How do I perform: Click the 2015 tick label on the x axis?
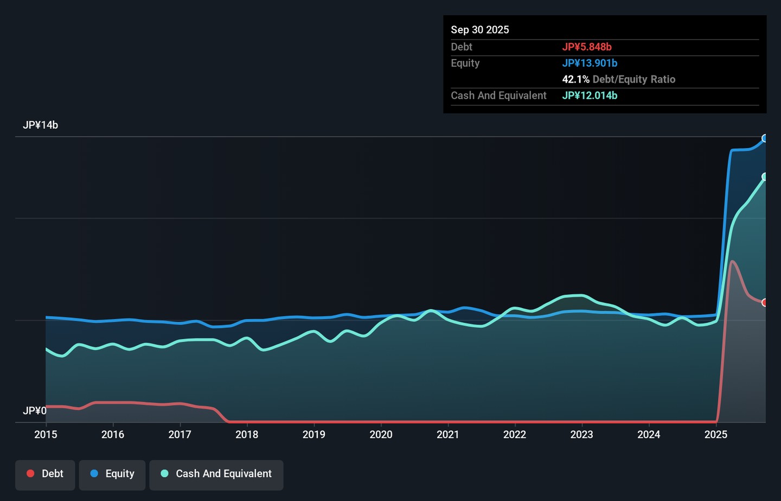pos(46,434)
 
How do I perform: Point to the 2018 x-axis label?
pos(247,434)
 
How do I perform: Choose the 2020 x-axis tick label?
pos(381,434)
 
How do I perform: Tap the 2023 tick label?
pos(581,434)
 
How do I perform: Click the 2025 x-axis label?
pos(716,434)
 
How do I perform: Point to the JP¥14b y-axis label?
pos(41,125)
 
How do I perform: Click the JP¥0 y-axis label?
pos(35,411)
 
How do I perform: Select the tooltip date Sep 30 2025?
pos(480,30)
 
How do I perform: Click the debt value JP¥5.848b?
pos(587,47)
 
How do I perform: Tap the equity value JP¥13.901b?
pos(590,63)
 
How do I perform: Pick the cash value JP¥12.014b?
pos(590,95)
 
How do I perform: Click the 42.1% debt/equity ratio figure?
pos(575,79)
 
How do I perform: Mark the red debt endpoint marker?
pos(764,302)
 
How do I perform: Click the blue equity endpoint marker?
pos(764,138)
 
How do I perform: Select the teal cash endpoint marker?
pos(764,177)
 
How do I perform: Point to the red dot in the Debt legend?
pos(31,473)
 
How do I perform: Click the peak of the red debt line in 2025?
pos(733,261)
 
